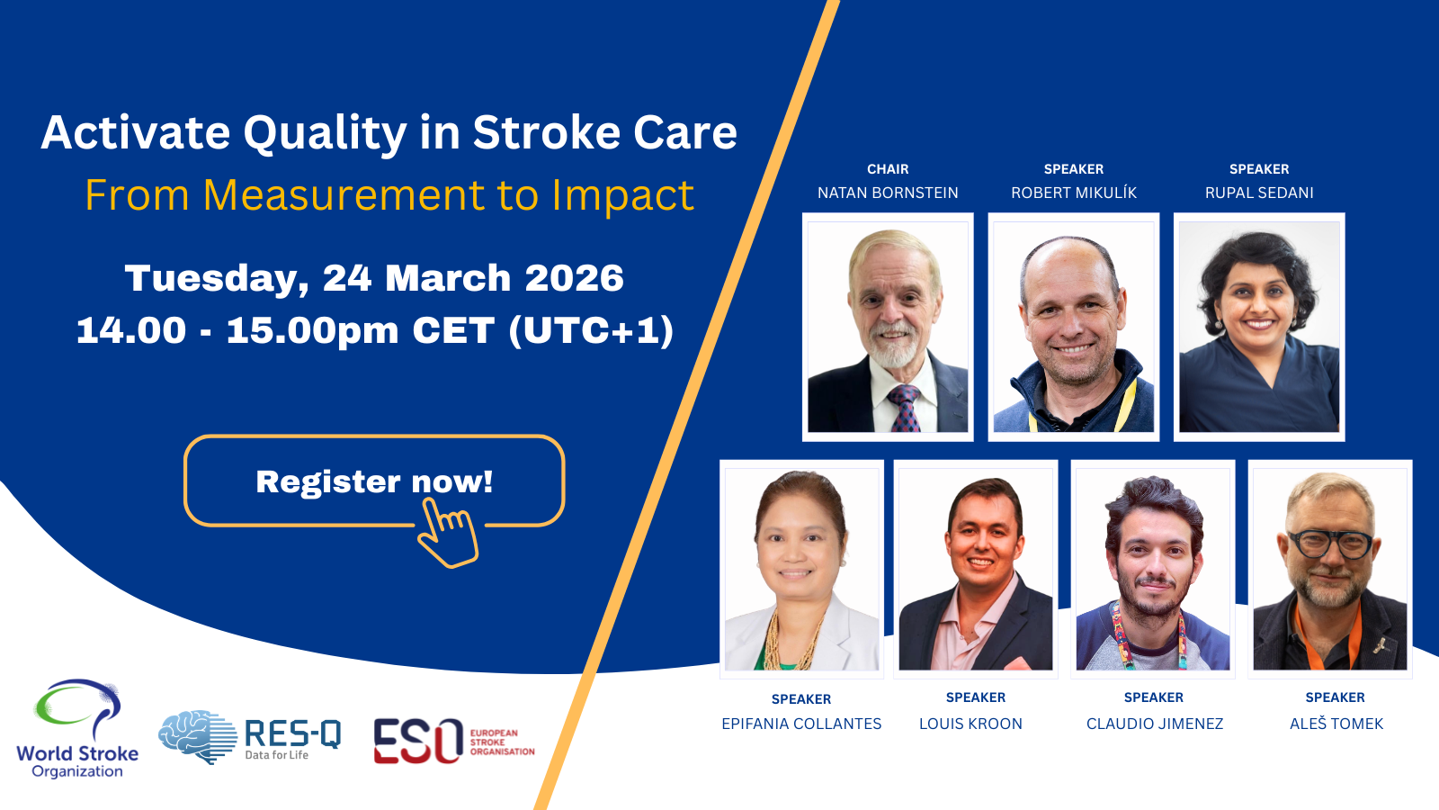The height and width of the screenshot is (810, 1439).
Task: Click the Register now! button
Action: pos(374,481)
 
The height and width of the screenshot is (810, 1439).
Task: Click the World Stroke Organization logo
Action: pos(77,729)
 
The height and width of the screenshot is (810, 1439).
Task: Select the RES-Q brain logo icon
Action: pos(199,736)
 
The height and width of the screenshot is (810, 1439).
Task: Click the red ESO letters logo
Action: pos(418,741)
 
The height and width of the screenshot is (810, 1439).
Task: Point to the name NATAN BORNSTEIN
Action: pos(888,193)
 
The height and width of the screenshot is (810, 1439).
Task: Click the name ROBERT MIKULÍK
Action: pos(1074,193)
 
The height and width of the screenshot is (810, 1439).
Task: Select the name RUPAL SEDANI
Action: pos(1259,193)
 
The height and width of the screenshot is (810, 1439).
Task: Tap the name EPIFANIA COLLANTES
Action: pos(801,724)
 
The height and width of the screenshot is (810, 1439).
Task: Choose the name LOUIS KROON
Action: pos(970,724)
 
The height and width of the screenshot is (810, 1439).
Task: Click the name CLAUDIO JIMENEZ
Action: pos(1155,724)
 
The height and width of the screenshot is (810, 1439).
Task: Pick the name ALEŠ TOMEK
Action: pos(1336,724)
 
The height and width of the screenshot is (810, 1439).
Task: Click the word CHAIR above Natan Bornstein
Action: pos(888,169)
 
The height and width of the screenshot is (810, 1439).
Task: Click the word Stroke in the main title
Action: pos(547,132)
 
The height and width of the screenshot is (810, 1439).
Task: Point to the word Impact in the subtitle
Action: pos(622,195)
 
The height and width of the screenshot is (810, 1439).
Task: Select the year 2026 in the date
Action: pos(574,278)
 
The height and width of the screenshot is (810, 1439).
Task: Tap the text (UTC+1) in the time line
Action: pos(591,330)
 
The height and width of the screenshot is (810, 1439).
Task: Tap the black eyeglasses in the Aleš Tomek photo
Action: pos(1330,543)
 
